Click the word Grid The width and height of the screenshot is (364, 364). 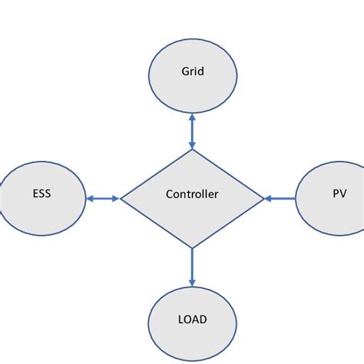(192, 71)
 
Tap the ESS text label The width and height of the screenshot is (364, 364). (42, 194)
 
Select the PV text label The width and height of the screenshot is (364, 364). (339, 194)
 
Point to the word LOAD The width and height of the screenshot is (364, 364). (192, 319)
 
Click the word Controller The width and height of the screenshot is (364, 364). (192, 194)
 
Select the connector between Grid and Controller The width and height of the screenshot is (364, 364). (192, 133)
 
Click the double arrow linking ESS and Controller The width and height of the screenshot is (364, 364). (103, 199)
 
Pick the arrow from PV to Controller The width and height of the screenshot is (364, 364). (280, 199)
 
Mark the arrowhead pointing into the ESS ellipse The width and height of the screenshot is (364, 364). (89, 199)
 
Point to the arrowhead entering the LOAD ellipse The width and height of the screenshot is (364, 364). (192, 283)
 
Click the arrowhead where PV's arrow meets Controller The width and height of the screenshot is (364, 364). (268, 199)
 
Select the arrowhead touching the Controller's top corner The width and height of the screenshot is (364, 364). (192, 145)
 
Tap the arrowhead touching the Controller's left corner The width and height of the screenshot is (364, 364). (116, 199)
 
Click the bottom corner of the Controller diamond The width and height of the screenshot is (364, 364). (192, 248)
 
